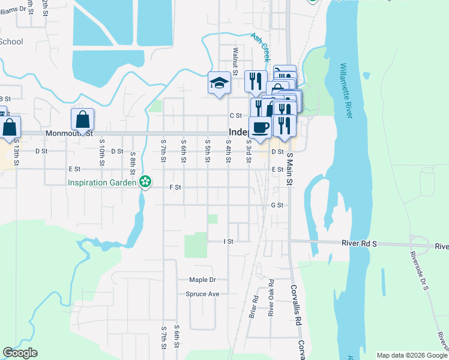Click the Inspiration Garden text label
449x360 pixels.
point(101,182)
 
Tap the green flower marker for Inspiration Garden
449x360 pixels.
point(145,181)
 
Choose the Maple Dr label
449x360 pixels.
point(202,280)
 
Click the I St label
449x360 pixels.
point(228,241)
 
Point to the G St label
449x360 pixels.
point(277,205)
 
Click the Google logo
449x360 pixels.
point(20,353)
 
